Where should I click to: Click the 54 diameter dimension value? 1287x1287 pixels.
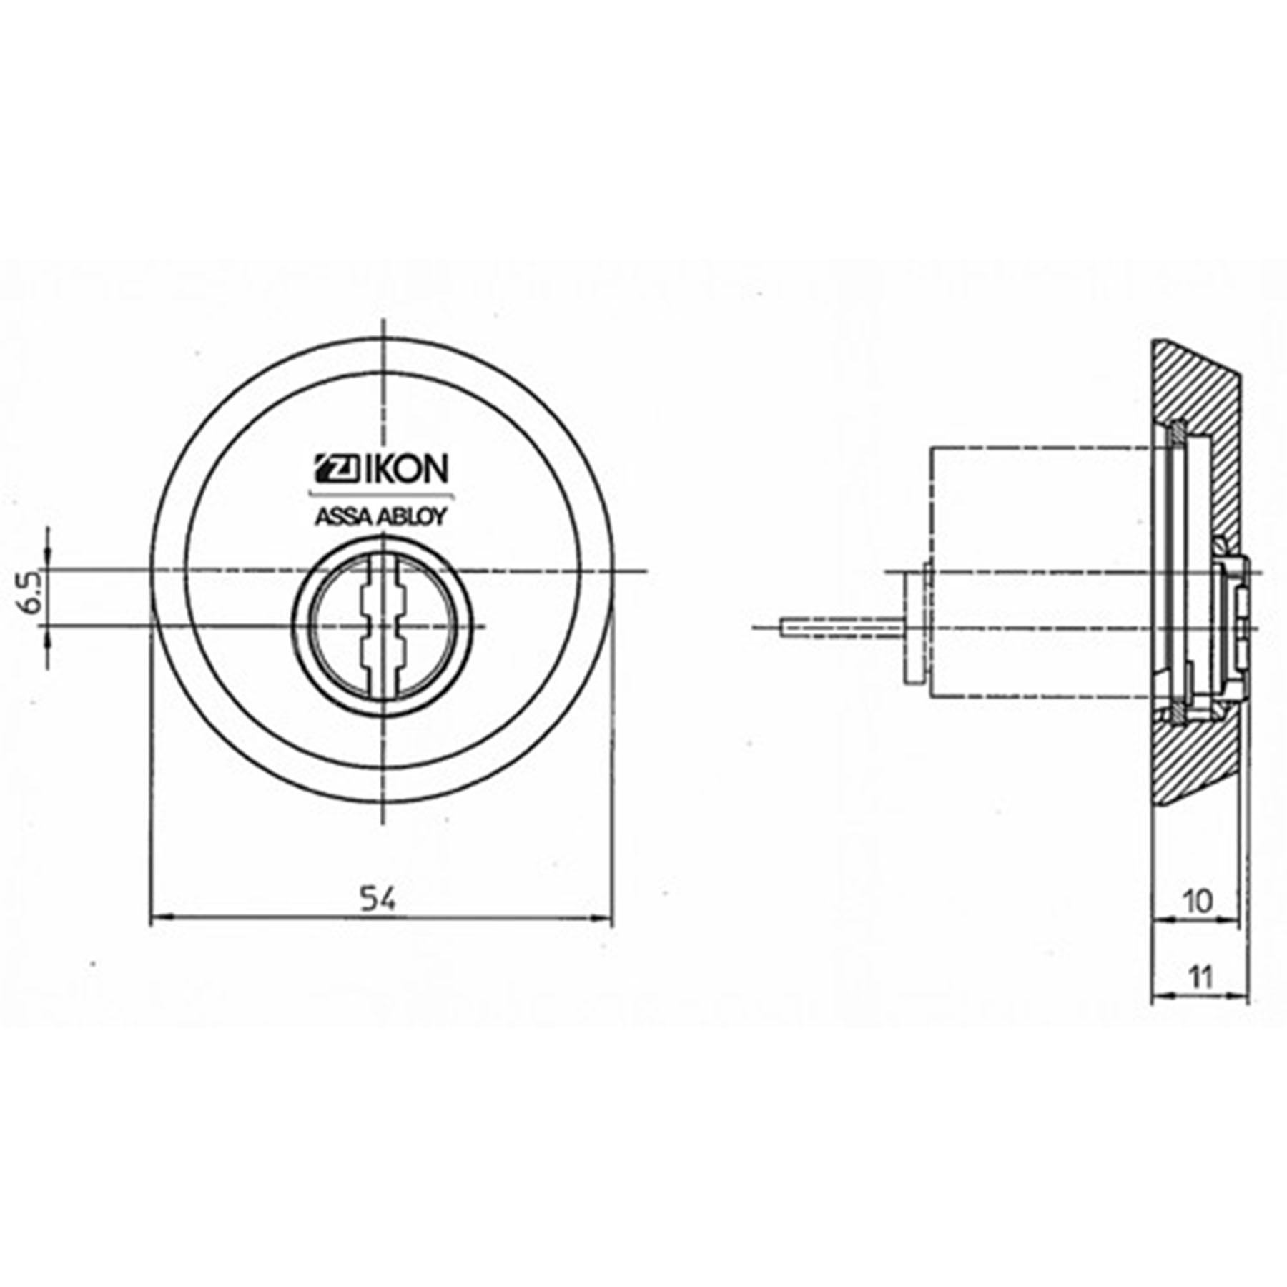pyautogui.click(x=378, y=899)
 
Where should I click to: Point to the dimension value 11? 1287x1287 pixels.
pyautogui.click(x=1200, y=977)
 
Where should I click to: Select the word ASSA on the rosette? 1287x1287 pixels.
pyautogui.click(x=342, y=517)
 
